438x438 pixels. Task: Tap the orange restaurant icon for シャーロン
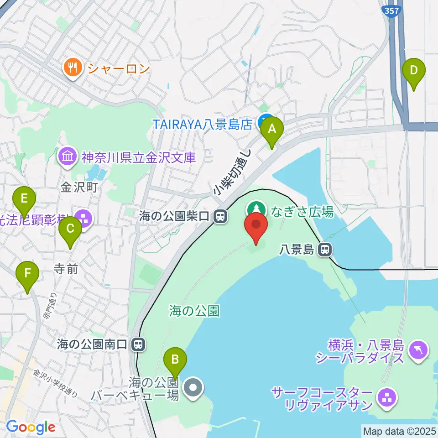click(x=73, y=68)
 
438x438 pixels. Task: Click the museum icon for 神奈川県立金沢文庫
click(x=68, y=157)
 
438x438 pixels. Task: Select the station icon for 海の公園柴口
click(x=221, y=216)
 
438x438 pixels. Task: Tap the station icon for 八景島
click(x=325, y=249)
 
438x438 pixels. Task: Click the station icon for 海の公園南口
click(x=138, y=344)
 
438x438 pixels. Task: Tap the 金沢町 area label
click(x=80, y=188)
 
